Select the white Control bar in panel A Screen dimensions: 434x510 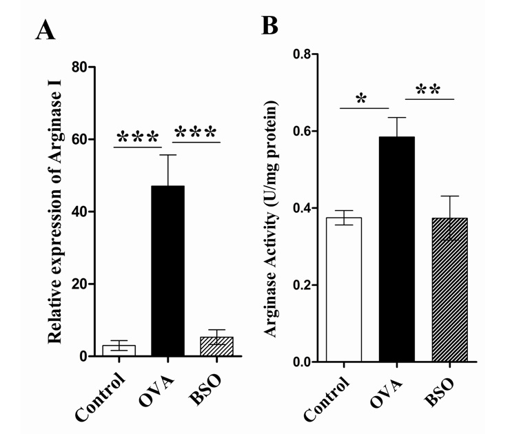tap(119, 351)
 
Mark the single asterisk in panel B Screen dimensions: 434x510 tap(360, 99)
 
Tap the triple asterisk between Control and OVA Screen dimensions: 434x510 tap(138, 135)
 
